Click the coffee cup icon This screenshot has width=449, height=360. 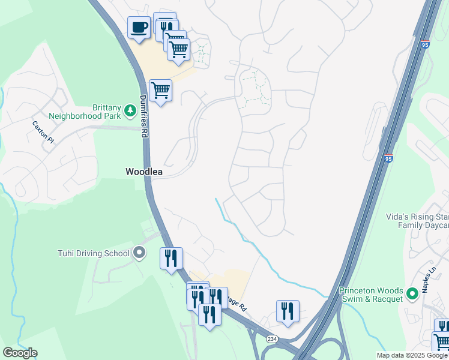tap(139, 28)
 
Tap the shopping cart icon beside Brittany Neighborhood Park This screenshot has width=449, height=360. tap(160, 91)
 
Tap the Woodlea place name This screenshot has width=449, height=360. tap(144, 172)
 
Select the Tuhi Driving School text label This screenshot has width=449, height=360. tap(93, 253)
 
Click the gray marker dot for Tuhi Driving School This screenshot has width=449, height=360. tap(139, 253)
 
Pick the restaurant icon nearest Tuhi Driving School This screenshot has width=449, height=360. tap(171, 259)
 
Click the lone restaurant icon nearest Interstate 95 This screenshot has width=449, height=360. tap(288, 311)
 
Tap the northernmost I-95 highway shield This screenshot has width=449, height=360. tap(425, 44)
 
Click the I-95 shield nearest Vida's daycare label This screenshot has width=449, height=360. tap(388, 159)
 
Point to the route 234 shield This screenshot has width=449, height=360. tap(271, 339)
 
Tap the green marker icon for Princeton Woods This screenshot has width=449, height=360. tap(412, 294)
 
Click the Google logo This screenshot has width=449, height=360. tap(20, 353)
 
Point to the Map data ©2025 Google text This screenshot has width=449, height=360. tap(412, 355)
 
